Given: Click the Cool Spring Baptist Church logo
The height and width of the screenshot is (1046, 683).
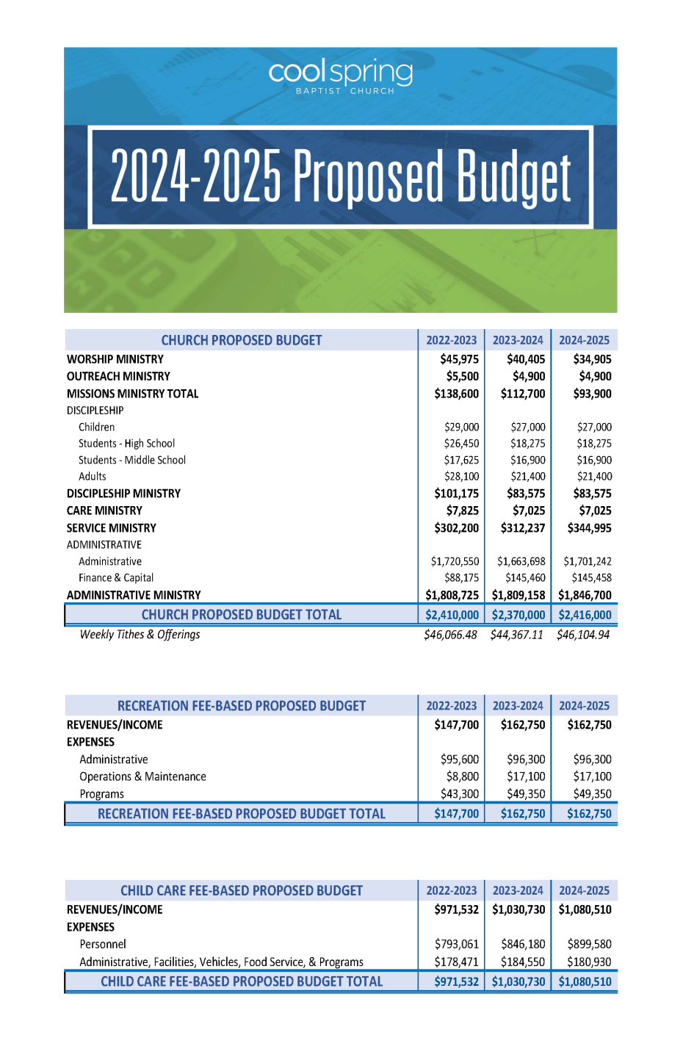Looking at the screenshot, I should [x=340, y=76].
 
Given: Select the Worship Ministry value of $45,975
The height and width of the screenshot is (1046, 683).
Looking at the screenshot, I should [x=459, y=359].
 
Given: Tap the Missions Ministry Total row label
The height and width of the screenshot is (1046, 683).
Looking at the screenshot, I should [x=132, y=394].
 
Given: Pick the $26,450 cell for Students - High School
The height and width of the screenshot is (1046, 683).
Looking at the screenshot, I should [x=461, y=444].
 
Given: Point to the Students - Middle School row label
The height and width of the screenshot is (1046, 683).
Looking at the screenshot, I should [x=132, y=461].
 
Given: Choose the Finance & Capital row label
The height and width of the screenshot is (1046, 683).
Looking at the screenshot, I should [x=116, y=578].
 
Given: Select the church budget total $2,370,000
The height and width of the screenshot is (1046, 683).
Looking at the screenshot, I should [x=518, y=615].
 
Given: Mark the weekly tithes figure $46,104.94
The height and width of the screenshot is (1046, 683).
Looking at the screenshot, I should [x=583, y=635].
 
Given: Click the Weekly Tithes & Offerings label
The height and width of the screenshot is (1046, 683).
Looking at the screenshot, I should [x=140, y=635].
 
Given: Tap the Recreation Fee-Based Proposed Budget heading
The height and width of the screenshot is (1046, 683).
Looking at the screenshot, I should [x=241, y=706].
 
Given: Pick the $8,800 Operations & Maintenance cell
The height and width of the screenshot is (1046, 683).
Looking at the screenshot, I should [x=463, y=776].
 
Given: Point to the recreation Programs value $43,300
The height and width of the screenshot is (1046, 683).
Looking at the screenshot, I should [x=460, y=794].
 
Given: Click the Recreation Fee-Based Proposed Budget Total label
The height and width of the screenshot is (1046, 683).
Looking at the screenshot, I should [x=241, y=814].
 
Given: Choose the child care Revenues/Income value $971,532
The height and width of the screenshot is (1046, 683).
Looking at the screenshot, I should [x=456, y=909].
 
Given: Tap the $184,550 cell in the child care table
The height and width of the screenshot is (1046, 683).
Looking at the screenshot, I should [x=523, y=962].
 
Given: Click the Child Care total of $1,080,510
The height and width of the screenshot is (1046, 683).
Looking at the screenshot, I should [x=585, y=981].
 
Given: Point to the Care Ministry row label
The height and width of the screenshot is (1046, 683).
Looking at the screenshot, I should [x=104, y=511].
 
